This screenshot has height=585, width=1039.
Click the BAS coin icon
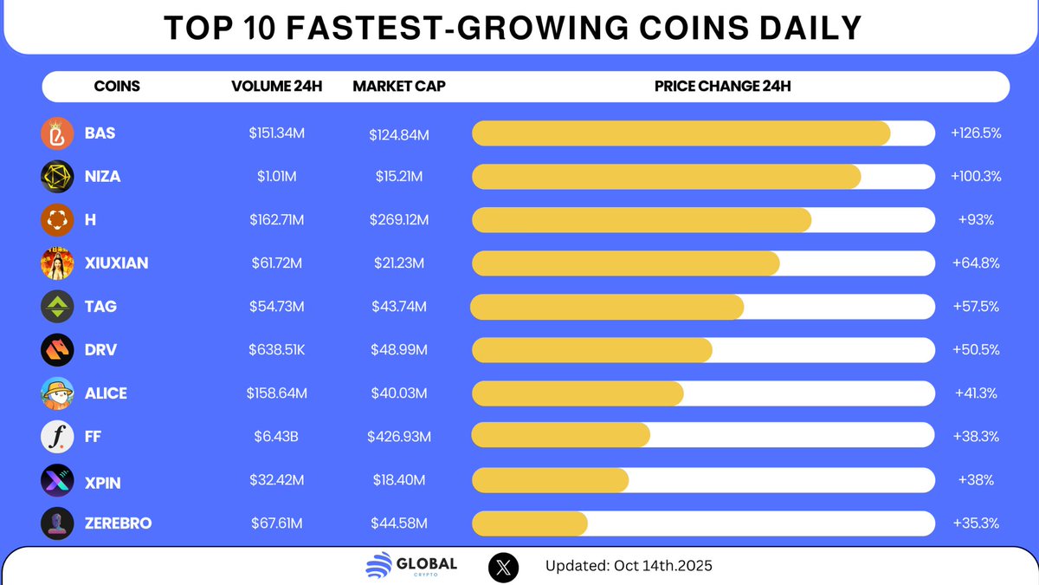coord(56,133)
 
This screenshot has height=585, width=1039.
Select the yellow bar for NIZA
coord(666,177)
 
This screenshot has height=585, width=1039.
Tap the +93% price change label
coord(976,220)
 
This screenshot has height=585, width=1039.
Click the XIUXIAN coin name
coord(116,263)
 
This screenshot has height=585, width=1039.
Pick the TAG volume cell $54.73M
coord(276,307)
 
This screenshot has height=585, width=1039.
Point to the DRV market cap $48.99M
coord(398,350)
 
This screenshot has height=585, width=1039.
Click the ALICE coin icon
coord(56,393)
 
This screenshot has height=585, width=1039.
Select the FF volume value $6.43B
coord(276,437)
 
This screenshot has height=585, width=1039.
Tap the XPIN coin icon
coord(56,480)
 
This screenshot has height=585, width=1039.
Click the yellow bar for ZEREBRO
coord(530,523)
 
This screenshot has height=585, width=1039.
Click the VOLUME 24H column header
coord(276,87)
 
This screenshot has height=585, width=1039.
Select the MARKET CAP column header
coord(398,87)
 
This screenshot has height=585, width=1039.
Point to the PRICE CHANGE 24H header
coord(722,87)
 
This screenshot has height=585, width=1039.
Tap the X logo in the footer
coord(504,567)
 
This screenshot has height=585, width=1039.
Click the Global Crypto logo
coord(411,566)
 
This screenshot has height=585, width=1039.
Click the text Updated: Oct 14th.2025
coord(629,567)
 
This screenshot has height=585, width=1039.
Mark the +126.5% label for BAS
coord(976,133)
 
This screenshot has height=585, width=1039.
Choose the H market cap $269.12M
coord(398,220)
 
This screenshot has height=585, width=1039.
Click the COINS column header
coord(116,87)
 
